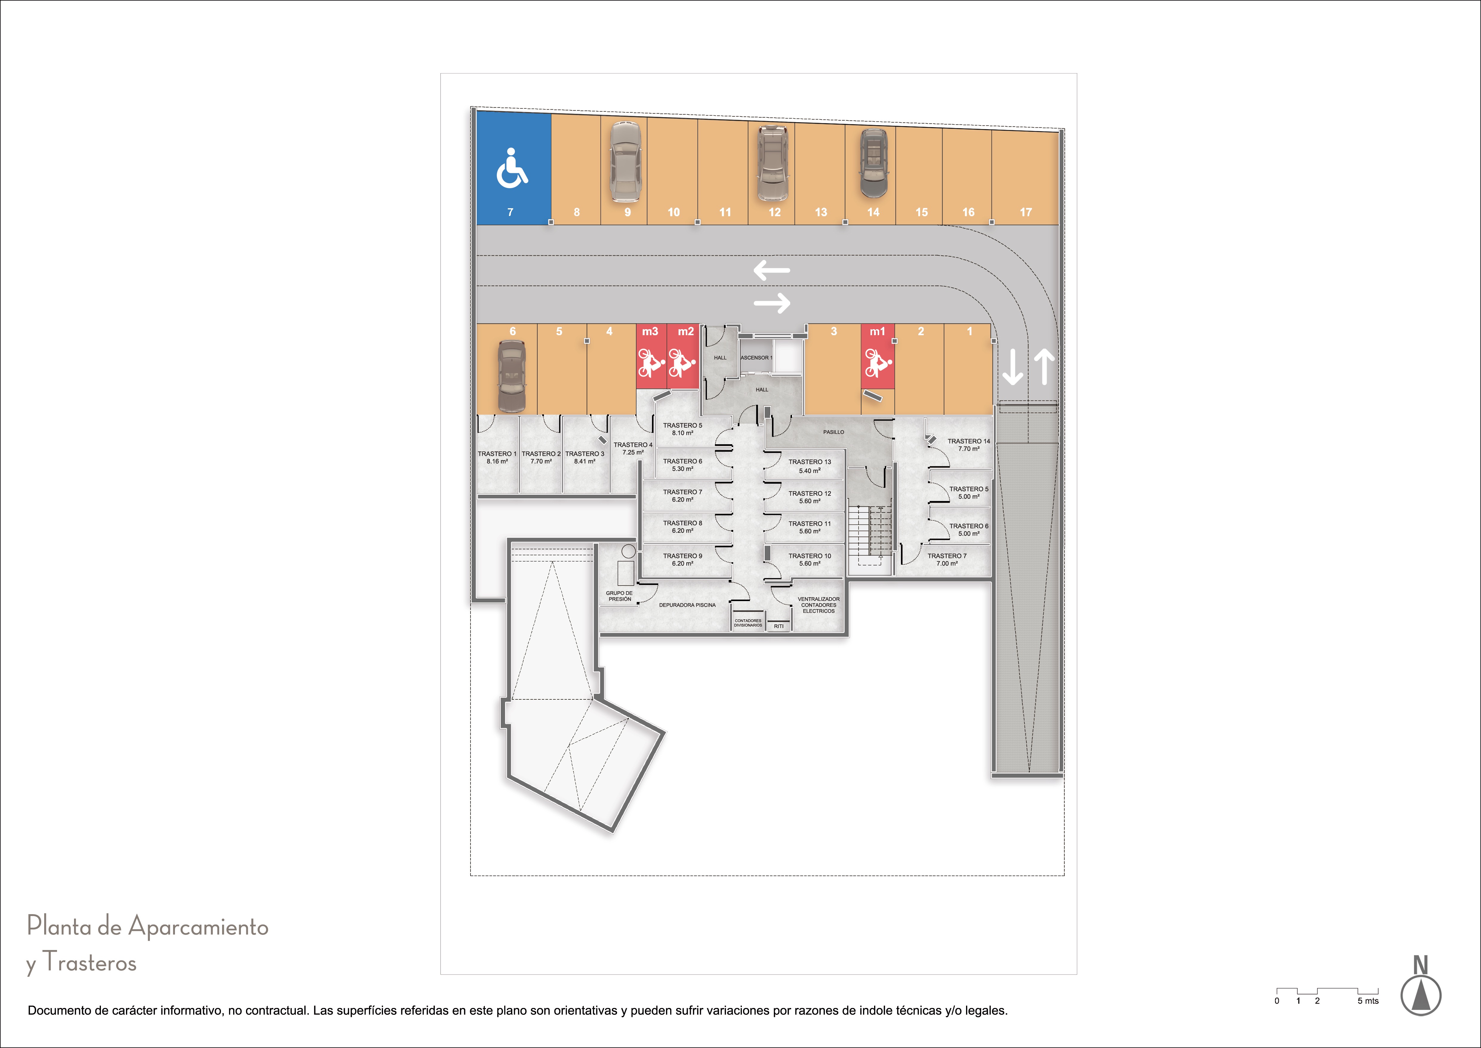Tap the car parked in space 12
773,163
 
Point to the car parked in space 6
512,376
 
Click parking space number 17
1026,212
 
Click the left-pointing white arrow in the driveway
771,270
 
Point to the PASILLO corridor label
833,432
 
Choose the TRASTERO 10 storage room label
810,556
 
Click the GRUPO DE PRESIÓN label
619,596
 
